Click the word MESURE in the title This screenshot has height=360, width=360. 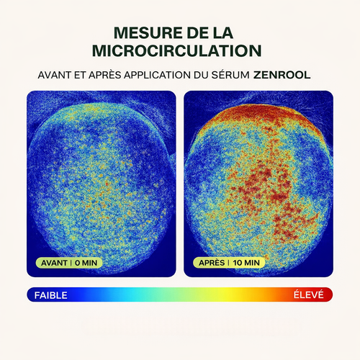pyautogui.click(x=148, y=33)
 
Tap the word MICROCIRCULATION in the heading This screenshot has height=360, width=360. pyautogui.click(x=177, y=50)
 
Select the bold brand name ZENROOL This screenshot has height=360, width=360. pyautogui.click(x=282, y=75)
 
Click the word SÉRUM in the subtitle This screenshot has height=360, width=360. pyautogui.click(x=230, y=75)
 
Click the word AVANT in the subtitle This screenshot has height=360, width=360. pyautogui.click(x=55, y=75)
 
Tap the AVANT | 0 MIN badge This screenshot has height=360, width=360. pyautogui.click(x=69, y=263)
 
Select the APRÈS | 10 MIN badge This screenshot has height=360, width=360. pyautogui.click(x=229, y=263)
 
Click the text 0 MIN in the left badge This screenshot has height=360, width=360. pyautogui.click(x=86, y=263)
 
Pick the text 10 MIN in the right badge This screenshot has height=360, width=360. pyautogui.click(x=246, y=263)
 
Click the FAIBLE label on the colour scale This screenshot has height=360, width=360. pyautogui.click(x=50, y=295)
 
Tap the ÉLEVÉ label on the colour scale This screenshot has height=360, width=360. pyautogui.click(x=309, y=294)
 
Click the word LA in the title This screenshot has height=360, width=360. pyautogui.click(x=223, y=33)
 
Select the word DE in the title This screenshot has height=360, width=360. pyautogui.click(x=197, y=33)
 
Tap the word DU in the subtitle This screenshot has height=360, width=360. pyautogui.click(x=201, y=75)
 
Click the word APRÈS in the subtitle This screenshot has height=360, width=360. pyautogui.click(x=105, y=75)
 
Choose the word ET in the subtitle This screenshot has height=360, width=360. pyautogui.click(x=80, y=75)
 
